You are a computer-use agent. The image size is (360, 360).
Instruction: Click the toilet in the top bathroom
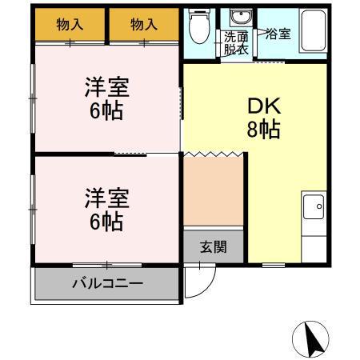199,28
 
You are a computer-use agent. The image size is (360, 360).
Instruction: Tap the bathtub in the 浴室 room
310,34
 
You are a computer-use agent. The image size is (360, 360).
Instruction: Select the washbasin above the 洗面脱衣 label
238,19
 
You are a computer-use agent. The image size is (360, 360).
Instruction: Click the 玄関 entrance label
212,246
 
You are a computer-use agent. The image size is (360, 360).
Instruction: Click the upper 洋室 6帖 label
106,98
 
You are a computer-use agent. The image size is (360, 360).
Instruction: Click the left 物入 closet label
70,25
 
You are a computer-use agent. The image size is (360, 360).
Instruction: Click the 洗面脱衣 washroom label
236,42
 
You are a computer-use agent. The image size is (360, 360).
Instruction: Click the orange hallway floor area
213,191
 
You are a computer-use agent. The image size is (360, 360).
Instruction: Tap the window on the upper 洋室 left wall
33,97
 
